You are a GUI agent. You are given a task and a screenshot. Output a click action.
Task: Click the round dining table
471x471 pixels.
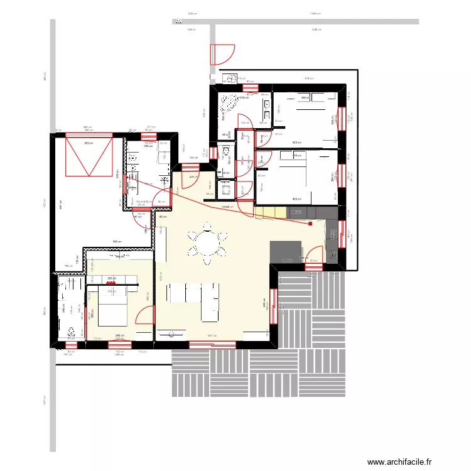(207, 241)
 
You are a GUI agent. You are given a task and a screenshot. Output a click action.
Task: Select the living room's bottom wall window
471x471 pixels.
(212, 344)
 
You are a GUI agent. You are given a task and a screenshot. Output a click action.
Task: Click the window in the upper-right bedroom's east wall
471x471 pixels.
(344, 116)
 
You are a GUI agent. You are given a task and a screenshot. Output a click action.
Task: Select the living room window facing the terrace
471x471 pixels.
(274, 308)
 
